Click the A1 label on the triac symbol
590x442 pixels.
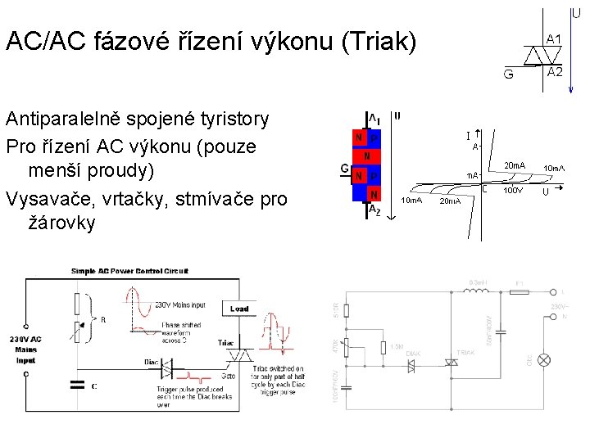[554, 39]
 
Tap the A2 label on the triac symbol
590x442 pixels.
[555, 72]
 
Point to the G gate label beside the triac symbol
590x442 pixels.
[509, 74]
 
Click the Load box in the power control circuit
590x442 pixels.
[238, 309]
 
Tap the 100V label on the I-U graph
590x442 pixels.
[512, 191]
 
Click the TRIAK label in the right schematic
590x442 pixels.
[465, 352]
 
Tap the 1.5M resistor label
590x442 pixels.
[397, 347]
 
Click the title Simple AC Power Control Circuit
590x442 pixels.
[129, 270]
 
